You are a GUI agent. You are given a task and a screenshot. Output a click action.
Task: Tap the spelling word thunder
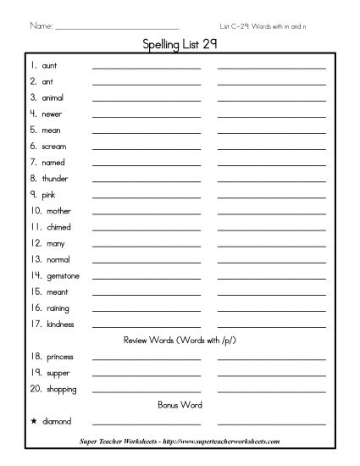[x=55, y=179]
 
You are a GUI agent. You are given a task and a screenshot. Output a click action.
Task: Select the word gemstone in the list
[x=58, y=275]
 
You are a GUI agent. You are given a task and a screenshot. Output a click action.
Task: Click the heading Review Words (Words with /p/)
[x=179, y=340]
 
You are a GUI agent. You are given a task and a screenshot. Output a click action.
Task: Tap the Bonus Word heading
[x=179, y=404]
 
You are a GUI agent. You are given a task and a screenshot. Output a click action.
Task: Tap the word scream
[x=54, y=147]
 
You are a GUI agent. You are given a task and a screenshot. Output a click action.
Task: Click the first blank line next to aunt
[x=147, y=67]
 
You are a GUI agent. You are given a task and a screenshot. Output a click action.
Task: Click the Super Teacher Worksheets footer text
[x=180, y=441]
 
